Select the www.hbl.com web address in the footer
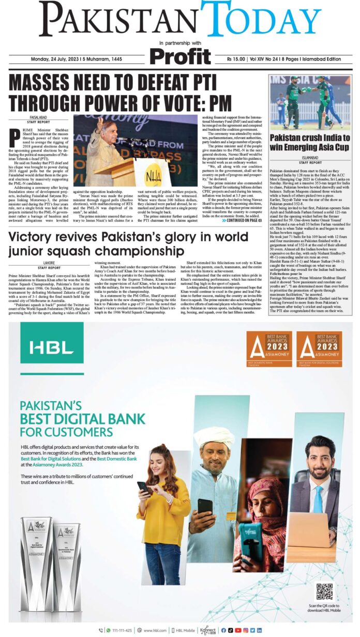155,630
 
